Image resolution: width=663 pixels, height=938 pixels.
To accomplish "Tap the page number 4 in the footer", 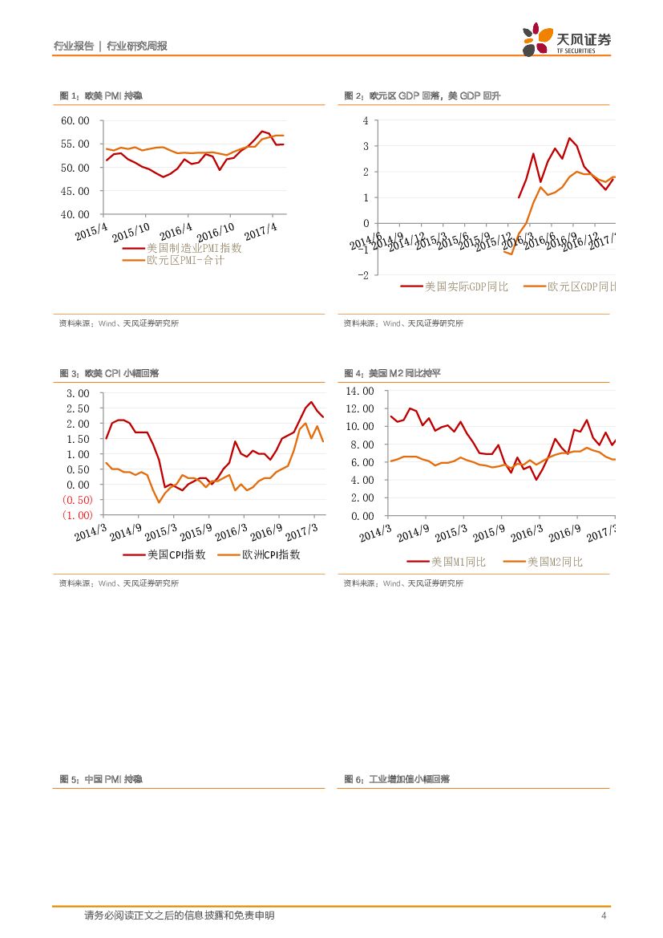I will tap(603, 916).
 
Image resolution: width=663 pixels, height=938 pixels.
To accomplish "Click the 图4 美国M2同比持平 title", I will tap(393, 373).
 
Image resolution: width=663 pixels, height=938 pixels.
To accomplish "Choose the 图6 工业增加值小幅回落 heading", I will tap(397, 779).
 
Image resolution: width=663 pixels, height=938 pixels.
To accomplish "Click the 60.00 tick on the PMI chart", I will tap(78, 120).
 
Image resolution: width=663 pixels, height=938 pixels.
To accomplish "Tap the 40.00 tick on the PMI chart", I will tap(78, 214).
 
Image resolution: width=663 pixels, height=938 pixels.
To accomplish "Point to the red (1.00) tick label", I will tap(77, 515).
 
